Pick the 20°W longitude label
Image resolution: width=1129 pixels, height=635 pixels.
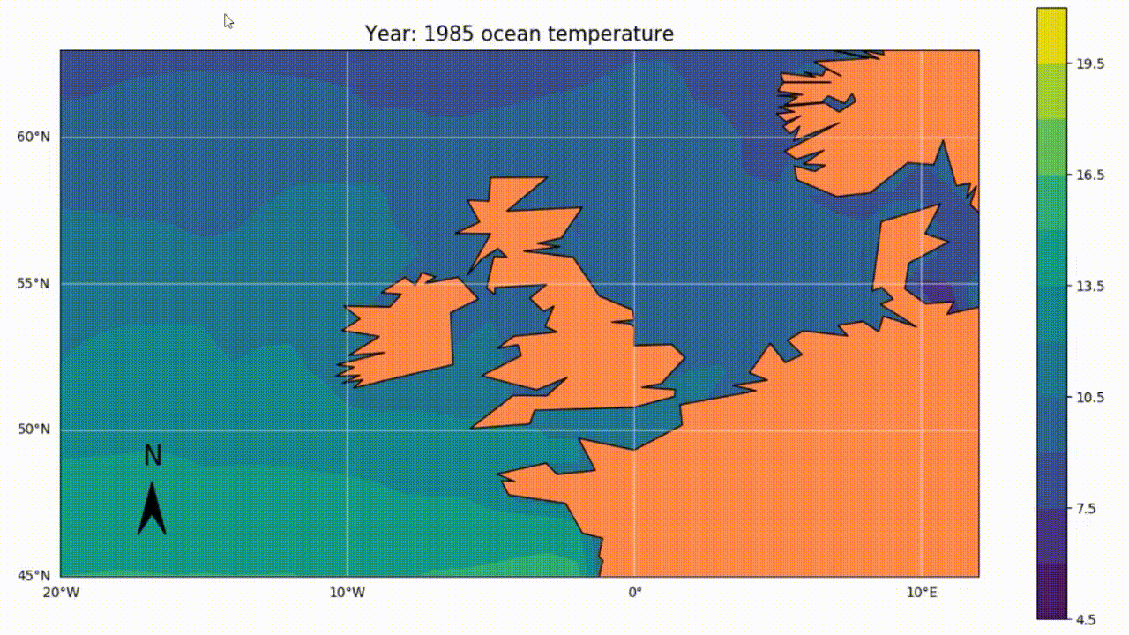pyautogui.click(x=60, y=591)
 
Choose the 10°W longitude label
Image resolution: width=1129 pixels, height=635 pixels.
pyautogui.click(x=347, y=591)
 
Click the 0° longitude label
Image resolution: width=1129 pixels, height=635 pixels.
pyautogui.click(x=634, y=591)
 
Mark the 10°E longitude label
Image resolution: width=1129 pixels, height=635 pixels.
pyautogui.click(x=921, y=591)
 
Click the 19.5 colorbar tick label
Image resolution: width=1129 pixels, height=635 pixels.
pyautogui.click(x=1090, y=63)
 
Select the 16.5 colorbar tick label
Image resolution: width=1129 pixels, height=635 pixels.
pyautogui.click(x=1090, y=175)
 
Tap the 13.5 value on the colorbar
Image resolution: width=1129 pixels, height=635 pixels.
pyautogui.click(x=1090, y=286)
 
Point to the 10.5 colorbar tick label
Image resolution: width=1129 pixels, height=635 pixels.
pyautogui.click(x=1090, y=397)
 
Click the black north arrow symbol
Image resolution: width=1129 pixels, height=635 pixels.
pyautogui.click(x=152, y=512)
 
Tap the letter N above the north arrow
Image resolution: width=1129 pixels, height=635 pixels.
pyautogui.click(x=153, y=456)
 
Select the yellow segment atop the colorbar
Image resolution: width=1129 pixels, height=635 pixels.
pyautogui.click(x=1051, y=35)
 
